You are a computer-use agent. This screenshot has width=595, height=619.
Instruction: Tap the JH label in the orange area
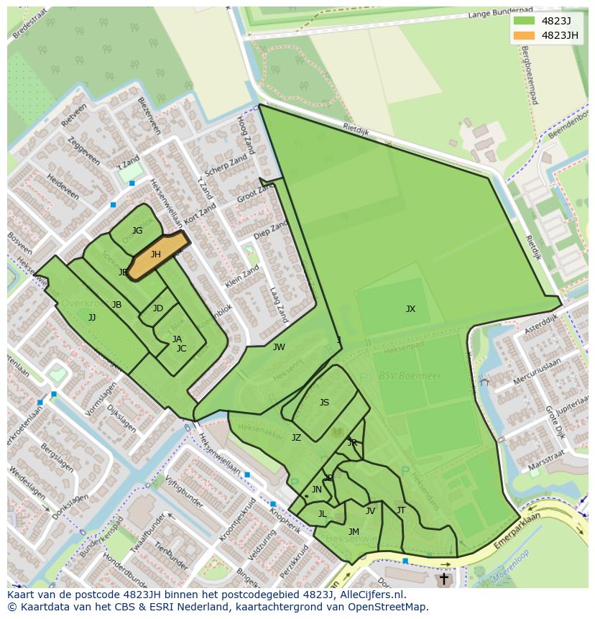coord(156,255)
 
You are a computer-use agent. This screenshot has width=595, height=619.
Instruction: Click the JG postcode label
coord(137,231)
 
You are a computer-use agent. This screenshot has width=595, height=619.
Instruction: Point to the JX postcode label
coord(410,309)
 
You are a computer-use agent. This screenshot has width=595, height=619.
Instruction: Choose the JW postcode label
coord(279,347)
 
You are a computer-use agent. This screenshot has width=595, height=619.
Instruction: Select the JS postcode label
coord(324,403)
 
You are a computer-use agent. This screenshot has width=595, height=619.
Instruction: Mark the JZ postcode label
coord(296,437)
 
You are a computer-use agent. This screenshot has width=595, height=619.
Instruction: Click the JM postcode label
coord(354,532)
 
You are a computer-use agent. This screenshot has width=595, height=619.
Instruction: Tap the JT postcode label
coord(401,510)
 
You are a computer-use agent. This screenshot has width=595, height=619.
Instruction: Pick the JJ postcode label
coord(92,317)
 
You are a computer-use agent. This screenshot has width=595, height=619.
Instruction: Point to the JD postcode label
coord(158,308)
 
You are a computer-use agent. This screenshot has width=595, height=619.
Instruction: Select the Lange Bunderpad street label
coord(502,14)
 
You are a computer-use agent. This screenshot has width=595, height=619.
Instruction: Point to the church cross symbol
coord(443,578)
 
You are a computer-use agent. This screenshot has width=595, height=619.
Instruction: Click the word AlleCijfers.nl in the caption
coord(370,595)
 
